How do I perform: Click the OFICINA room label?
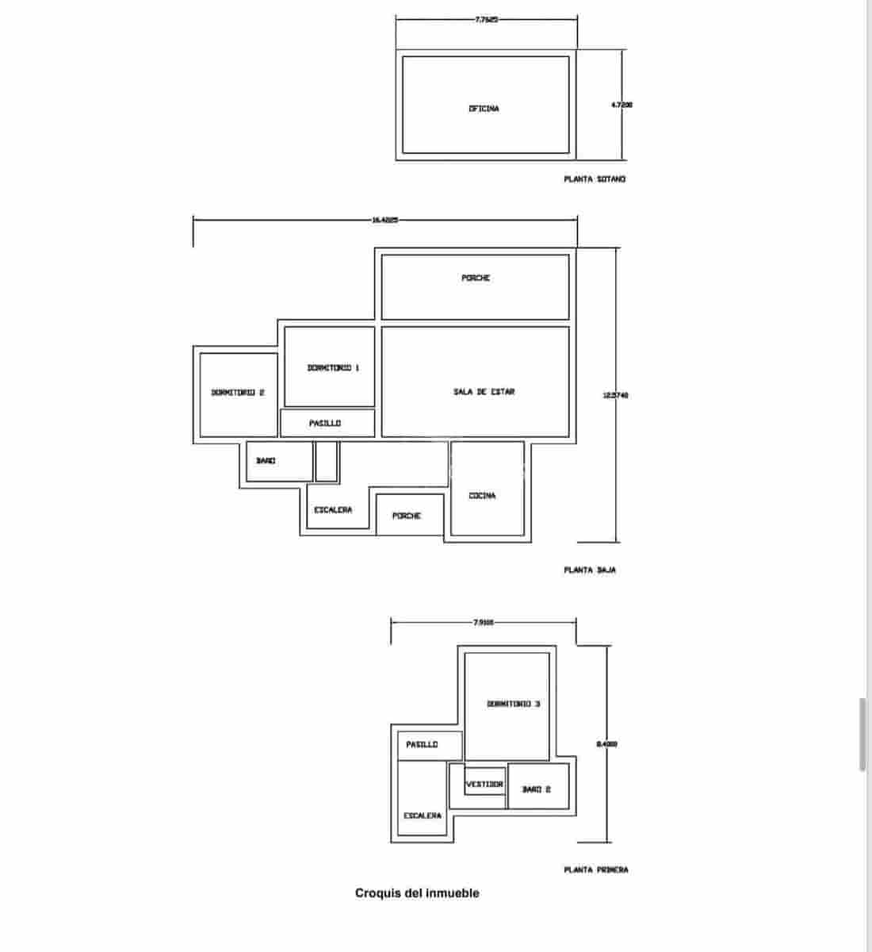[484, 109]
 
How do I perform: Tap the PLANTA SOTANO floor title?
[595, 179]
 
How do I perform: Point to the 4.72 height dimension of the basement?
[621, 104]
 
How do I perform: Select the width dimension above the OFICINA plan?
[486, 20]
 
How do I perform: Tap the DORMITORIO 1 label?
[333, 367]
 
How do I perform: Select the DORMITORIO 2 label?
[237, 393]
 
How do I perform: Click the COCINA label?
[482, 496]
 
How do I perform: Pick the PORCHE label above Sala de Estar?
[476, 278]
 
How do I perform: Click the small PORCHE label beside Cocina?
[407, 516]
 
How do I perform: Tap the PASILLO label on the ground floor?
[325, 424]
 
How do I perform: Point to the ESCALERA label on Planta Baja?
[333, 510]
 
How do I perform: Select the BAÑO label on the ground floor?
[266, 461]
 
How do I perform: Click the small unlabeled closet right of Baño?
[327, 462]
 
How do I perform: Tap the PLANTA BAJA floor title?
[590, 570]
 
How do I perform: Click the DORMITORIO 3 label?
[514, 704]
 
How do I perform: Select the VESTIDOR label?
[484, 784]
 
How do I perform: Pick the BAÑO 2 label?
[536, 789]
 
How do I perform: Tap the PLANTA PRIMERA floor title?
[596, 870]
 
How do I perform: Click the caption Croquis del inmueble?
[417, 893]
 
